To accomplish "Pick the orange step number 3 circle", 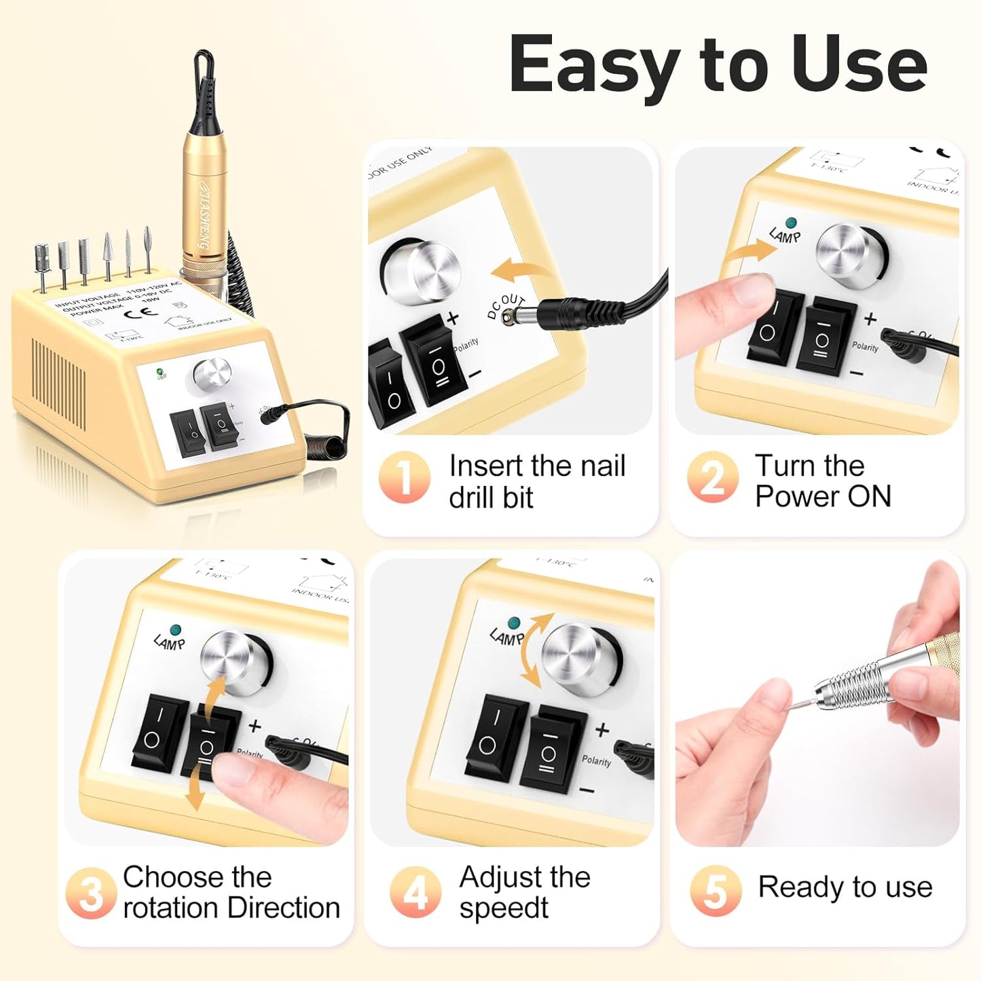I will coord(90,893).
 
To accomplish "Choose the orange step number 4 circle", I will coord(415,891).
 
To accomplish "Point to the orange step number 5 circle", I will coord(716,890).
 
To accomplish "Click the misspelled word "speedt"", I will coord(503,908).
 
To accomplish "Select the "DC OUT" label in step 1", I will coord(506,306).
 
